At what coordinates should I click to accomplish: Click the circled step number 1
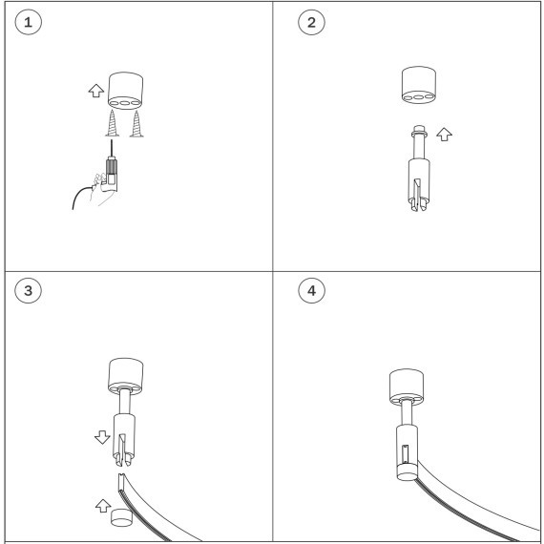pyautogui.click(x=28, y=22)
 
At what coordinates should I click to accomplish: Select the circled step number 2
pyautogui.click(x=311, y=22)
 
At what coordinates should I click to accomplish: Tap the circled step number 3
pyautogui.click(x=28, y=290)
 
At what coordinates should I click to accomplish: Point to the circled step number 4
pyautogui.click(x=311, y=290)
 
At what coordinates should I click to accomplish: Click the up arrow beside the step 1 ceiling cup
pyautogui.click(x=96, y=91)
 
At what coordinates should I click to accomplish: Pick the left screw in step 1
pyautogui.click(x=112, y=123)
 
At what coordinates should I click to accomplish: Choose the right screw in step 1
pyautogui.click(x=136, y=124)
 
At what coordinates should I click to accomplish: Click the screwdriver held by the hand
pyautogui.click(x=111, y=166)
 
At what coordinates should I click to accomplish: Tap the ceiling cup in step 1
pyautogui.click(x=125, y=91)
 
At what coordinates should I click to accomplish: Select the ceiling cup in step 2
pyautogui.click(x=419, y=85)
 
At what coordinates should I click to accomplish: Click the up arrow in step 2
pyautogui.click(x=444, y=135)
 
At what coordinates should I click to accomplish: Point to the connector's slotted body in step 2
pyautogui.click(x=419, y=184)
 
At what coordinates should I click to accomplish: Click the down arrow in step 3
pyautogui.click(x=102, y=437)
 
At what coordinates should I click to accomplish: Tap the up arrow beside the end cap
pyautogui.click(x=103, y=506)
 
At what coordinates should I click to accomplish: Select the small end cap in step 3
pyautogui.click(x=121, y=517)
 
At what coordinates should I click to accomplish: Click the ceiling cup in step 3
pyautogui.click(x=126, y=376)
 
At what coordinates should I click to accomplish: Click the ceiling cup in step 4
pyautogui.click(x=407, y=387)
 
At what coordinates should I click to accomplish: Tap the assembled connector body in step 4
pyautogui.click(x=407, y=452)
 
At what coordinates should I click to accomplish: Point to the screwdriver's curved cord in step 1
pyautogui.click(x=79, y=194)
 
